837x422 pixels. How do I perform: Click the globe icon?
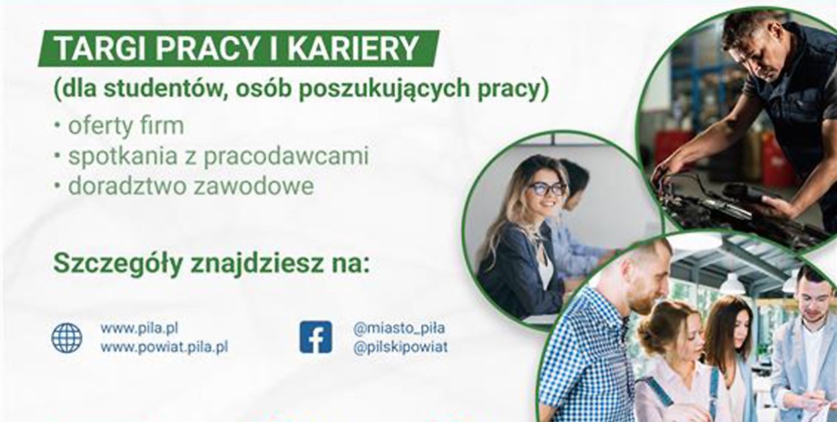pyautogui.click(x=66, y=338)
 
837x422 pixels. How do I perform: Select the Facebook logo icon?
pyautogui.click(x=315, y=337)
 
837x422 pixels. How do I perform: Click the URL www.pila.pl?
pyautogui.click(x=139, y=328)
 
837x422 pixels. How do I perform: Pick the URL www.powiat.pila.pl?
pyautogui.click(x=164, y=348)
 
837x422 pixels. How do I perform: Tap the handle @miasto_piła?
pyautogui.click(x=399, y=328)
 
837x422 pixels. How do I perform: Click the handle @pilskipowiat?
pyautogui.click(x=400, y=347)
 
